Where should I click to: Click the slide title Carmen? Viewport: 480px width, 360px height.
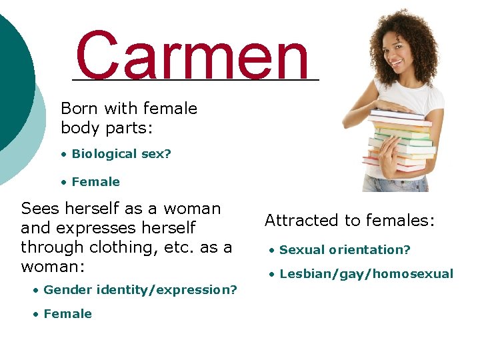[x=193, y=55]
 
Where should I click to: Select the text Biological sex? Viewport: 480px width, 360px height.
[x=121, y=154]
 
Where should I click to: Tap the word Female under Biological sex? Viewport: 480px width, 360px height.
[x=95, y=182]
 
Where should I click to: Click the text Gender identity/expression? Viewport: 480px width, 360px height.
[x=140, y=290]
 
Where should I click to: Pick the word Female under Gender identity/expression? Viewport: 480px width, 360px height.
[x=67, y=314]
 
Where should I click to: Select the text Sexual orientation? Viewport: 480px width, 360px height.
[x=345, y=250]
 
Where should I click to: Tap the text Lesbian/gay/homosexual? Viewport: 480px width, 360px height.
[x=366, y=274]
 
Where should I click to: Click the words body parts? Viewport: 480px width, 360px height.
[x=107, y=127]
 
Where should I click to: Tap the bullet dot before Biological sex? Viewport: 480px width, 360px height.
[x=64, y=155]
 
